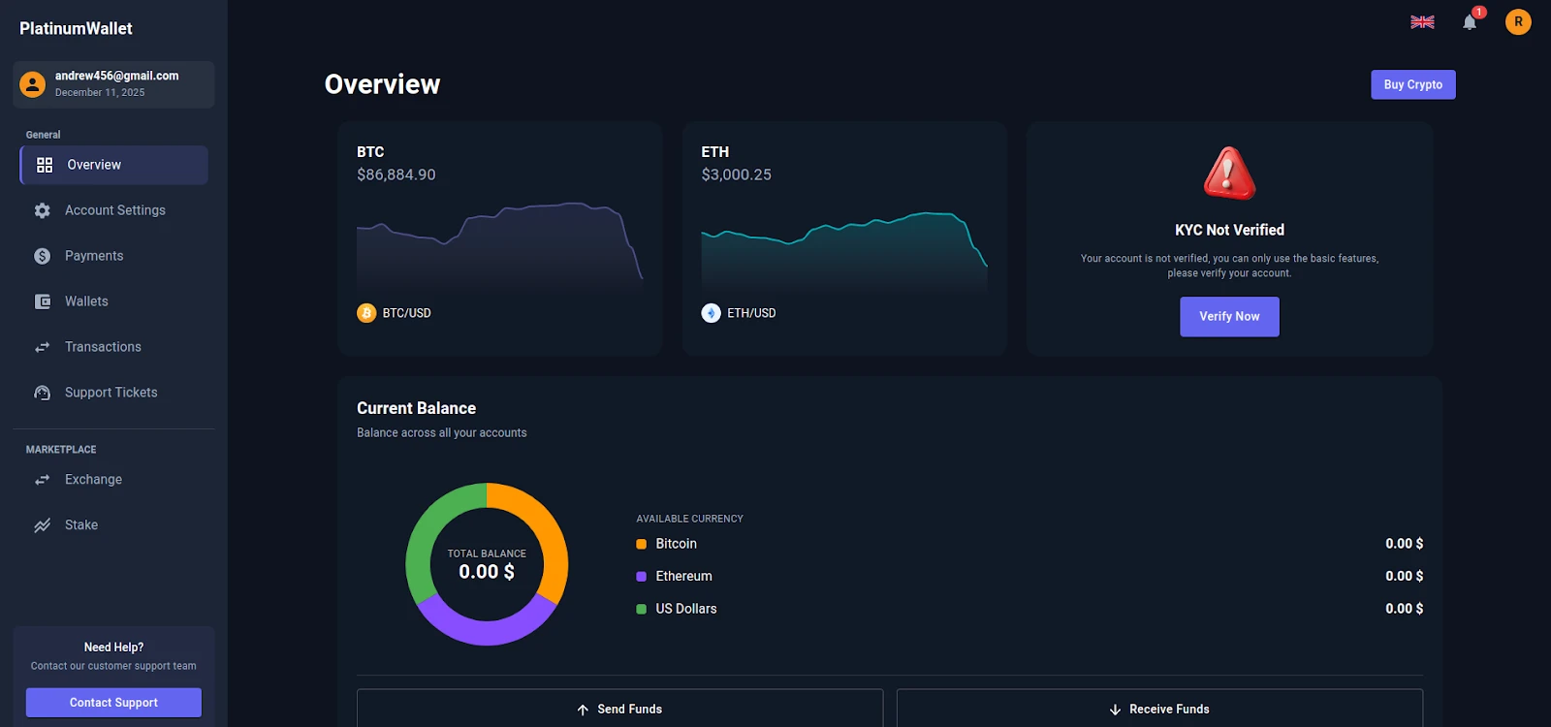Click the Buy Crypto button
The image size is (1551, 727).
pos(1412,84)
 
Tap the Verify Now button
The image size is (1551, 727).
pos(1229,317)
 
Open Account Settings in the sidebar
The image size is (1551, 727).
pos(114,210)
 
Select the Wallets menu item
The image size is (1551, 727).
pos(86,301)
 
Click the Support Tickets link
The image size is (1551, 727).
pos(111,393)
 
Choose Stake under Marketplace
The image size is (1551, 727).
pos(81,525)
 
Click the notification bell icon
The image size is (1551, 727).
pos(1470,22)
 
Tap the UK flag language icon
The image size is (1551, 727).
pos(1422,22)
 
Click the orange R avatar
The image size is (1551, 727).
pos(1518,21)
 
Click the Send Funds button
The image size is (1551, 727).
pos(619,710)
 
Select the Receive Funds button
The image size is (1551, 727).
pos(1159,710)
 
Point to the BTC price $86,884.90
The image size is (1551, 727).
pos(396,174)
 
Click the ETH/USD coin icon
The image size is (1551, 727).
pos(711,313)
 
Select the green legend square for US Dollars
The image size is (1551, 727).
pos(641,609)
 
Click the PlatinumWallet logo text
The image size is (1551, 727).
pos(76,28)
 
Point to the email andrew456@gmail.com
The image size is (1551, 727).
pos(116,76)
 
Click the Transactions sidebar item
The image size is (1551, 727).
pos(103,347)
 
